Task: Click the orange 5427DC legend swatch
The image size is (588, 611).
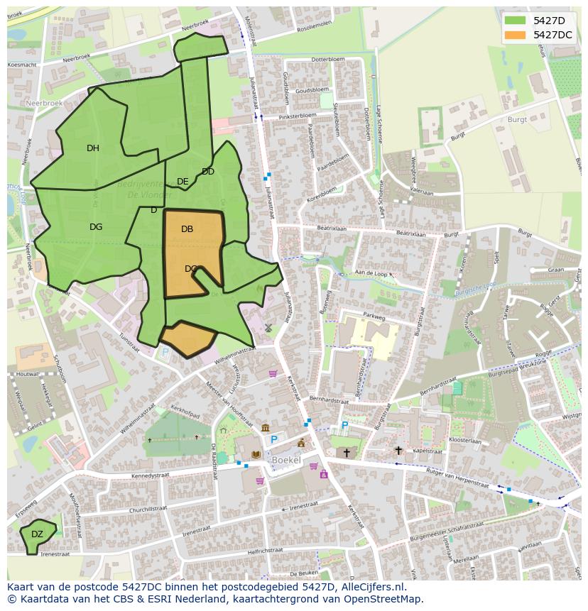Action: [516, 35]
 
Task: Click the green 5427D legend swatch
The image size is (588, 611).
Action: [516, 21]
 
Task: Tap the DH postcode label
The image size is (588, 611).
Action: [93, 148]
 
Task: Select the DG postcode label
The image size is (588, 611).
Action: [96, 227]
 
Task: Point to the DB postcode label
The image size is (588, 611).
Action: [187, 229]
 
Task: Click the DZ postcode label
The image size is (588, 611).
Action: [37, 534]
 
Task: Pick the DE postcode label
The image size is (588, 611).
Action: [183, 182]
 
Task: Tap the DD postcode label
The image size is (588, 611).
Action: [208, 172]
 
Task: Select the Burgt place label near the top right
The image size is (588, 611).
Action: [517, 120]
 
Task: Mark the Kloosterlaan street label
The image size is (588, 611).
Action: [466, 440]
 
